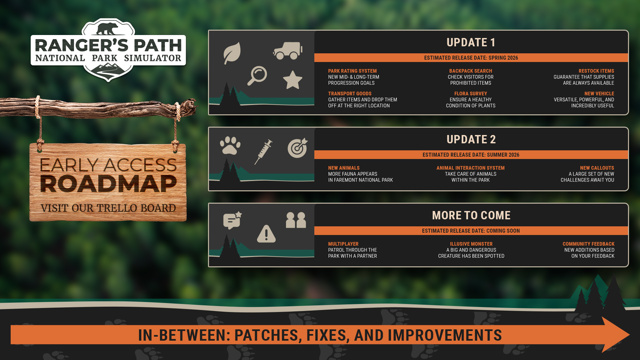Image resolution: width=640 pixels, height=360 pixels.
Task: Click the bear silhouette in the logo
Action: (107, 29)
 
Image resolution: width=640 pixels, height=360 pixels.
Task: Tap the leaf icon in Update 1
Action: (232, 53)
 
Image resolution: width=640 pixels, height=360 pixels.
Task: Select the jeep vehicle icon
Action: (288, 51)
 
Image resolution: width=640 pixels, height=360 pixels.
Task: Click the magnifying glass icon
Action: (257, 75)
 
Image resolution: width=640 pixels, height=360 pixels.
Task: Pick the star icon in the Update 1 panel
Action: (292, 80)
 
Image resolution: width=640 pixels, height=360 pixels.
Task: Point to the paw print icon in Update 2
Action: (230, 145)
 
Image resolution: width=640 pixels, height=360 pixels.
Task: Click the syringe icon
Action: (264, 152)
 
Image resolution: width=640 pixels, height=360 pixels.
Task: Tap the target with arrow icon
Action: (297, 148)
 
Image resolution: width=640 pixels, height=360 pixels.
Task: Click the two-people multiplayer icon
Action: (296, 220)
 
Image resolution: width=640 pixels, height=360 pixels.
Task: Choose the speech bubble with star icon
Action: (232, 220)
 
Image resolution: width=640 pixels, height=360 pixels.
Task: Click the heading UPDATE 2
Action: (471, 139)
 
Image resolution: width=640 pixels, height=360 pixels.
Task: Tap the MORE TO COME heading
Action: (471, 215)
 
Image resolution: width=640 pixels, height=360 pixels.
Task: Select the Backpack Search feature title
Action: (470, 71)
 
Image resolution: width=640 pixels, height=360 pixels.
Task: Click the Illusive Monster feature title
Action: (471, 244)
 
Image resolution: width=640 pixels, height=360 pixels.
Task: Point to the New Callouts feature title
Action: (597, 168)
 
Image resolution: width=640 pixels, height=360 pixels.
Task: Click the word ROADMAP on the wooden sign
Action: (108, 184)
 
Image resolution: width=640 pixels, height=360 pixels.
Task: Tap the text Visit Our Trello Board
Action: (108, 208)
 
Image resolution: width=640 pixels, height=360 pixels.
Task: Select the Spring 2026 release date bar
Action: (471, 58)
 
